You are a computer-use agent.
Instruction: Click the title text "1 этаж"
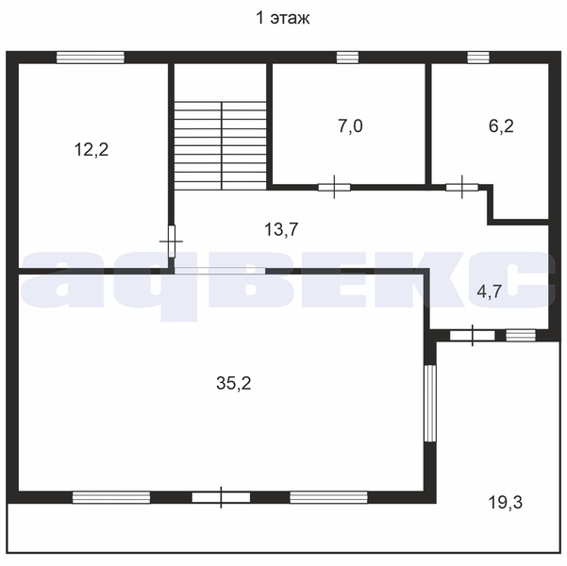pyautogui.click(x=282, y=18)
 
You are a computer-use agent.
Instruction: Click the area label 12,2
pyautogui.click(x=92, y=149)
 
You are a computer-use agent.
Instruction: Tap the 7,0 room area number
pyautogui.click(x=350, y=126)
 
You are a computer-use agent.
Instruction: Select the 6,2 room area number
pyautogui.click(x=501, y=126)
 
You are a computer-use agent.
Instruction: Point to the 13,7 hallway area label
pyautogui.click(x=281, y=229)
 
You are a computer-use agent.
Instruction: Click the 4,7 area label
pyautogui.click(x=490, y=291)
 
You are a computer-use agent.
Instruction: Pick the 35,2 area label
pyautogui.click(x=234, y=383)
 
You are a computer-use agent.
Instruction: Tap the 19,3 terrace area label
pyautogui.click(x=505, y=503)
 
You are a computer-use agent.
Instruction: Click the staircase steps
pyautogui.click(x=221, y=145)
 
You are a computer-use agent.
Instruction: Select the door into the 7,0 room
pyautogui.click(x=334, y=188)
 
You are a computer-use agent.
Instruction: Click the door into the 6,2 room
pyautogui.click(x=461, y=188)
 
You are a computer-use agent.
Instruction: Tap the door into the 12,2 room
pyautogui.click(x=172, y=241)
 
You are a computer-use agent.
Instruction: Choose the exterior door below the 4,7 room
pyautogui.click(x=473, y=336)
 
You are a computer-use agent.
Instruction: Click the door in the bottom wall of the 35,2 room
pyautogui.click(x=221, y=498)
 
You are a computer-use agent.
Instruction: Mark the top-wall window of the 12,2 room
pyautogui.click(x=91, y=58)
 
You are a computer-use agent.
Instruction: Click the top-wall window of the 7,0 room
pyautogui.click(x=347, y=58)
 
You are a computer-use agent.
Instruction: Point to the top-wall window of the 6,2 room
pyautogui.click(x=478, y=58)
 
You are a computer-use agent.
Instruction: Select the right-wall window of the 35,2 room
pyautogui.click(x=430, y=403)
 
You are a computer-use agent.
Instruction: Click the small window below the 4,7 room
pyautogui.click(x=521, y=335)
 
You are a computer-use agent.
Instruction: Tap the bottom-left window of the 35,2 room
pyautogui.click(x=111, y=497)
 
